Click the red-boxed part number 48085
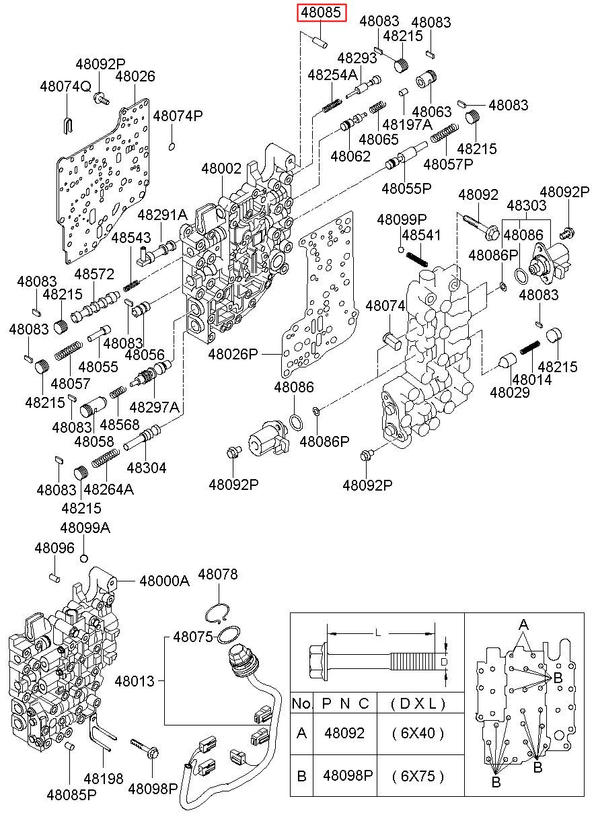coord(321,13)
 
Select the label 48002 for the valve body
coord(221,168)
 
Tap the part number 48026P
coord(233,353)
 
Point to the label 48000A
coord(165,581)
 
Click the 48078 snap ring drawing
coord(217,612)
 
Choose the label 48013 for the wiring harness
coord(135,681)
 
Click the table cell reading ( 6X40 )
coord(418,733)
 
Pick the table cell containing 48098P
coord(348,775)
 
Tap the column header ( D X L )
coord(418,704)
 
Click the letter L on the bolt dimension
coord(378,633)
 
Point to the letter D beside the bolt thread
coord(443,662)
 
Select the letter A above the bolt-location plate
coord(523,625)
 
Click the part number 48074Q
coord(65,87)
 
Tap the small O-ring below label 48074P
coord(172,146)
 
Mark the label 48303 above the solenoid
coord(527,205)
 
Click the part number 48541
coord(421,235)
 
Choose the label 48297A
coord(155,407)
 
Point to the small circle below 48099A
coord(84,559)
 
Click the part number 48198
coord(104,778)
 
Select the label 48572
coord(94,274)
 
